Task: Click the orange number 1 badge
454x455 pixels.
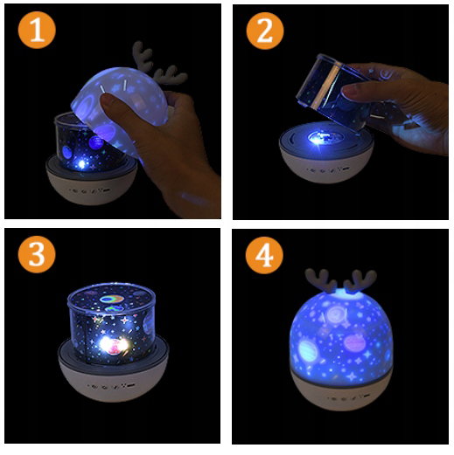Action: click(x=37, y=30)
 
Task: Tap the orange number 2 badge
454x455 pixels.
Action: click(x=265, y=31)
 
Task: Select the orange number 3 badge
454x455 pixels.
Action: click(x=37, y=254)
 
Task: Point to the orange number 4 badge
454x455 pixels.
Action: click(x=264, y=255)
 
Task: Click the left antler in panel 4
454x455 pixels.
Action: click(x=321, y=280)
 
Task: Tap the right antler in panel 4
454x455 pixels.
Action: click(x=360, y=282)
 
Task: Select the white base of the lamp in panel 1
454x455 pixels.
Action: click(x=91, y=185)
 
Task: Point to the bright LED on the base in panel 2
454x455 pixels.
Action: click(x=317, y=139)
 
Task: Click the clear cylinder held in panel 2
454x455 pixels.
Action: click(x=332, y=92)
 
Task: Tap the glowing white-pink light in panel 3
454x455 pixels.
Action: click(x=114, y=346)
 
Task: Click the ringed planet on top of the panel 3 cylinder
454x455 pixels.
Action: click(x=112, y=299)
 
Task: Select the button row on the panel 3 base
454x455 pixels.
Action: click(x=111, y=387)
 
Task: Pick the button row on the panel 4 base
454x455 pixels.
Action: click(x=346, y=397)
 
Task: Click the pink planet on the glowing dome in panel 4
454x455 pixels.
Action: click(x=353, y=342)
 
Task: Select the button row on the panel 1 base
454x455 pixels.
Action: click(x=90, y=190)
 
